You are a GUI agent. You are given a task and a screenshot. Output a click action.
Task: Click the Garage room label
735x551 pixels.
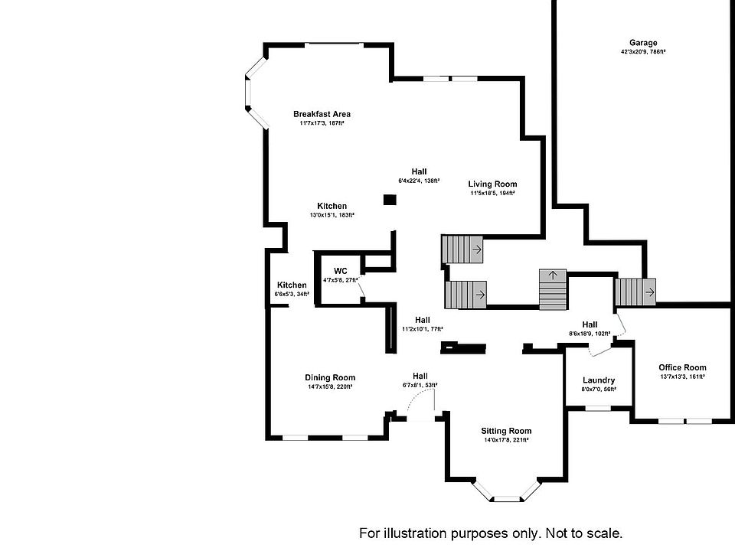coord(643,43)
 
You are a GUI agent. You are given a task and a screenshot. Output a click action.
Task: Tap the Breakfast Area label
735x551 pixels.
coord(322,114)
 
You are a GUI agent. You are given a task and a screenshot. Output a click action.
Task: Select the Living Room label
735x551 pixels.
coord(492,184)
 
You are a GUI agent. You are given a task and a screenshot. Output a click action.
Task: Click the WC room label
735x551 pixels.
coord(341,271)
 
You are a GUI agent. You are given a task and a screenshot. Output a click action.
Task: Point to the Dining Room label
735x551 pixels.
coord(330,377)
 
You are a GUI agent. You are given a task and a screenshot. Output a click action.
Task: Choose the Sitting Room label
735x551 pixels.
coord(507,431)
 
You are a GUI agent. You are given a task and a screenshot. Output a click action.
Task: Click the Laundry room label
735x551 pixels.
coord(599,380)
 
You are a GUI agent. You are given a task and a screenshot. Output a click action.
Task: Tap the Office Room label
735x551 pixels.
coord(683,367)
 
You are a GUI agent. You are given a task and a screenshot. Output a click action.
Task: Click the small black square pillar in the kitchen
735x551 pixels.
coord(390,201)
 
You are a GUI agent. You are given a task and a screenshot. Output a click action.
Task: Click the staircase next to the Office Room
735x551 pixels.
coord(635,292)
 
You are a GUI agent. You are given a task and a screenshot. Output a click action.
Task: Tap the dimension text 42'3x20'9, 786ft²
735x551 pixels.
coord(643,52)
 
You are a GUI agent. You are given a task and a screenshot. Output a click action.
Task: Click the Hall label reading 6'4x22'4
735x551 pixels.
coord(418,171)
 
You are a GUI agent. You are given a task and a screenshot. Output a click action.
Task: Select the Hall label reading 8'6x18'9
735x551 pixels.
coord(589,324)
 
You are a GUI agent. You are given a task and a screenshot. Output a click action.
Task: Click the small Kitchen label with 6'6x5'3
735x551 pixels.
coord(292,285)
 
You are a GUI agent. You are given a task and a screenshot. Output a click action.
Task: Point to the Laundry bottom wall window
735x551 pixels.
coord(599,408)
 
